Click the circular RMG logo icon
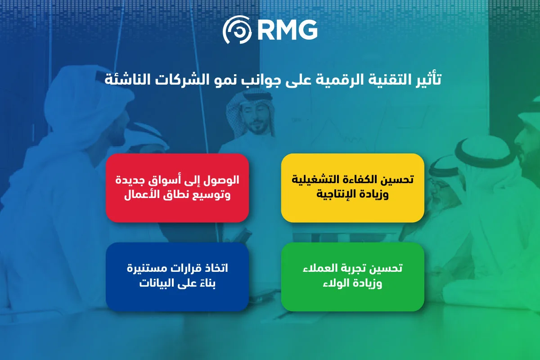coord(237,30)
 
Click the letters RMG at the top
coord(288,30)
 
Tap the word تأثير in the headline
coord(429,79)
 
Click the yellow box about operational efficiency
coord(352,188)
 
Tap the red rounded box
coord(177,188)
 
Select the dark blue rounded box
coord(177,277)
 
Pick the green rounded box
coord(352,277)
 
